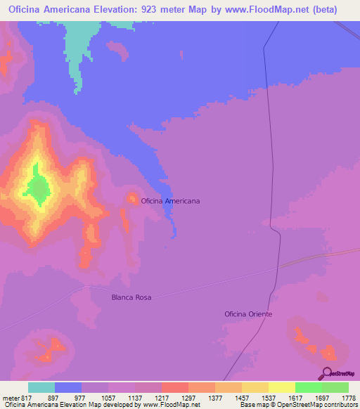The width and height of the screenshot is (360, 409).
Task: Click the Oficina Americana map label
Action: tap(170, 201)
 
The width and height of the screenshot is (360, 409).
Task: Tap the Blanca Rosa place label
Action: tap(131, 297)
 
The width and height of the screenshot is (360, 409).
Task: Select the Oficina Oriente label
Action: tap(248, 314)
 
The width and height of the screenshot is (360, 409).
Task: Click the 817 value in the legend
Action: tap(27, 397)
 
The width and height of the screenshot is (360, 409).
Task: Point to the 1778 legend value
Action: tap(348, 397)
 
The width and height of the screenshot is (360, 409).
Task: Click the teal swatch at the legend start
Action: tap(41, 387)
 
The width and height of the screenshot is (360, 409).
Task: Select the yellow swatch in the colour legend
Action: tap(281, 387)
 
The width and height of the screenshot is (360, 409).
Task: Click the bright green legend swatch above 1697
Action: tap(308, 387)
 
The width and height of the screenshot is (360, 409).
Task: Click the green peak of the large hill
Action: tap(38, 188)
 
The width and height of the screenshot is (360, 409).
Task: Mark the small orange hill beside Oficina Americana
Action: tap(131, 199)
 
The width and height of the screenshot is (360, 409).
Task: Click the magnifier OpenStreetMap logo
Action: tap(326, 372)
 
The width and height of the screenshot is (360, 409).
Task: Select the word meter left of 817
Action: tap(10, 397)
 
